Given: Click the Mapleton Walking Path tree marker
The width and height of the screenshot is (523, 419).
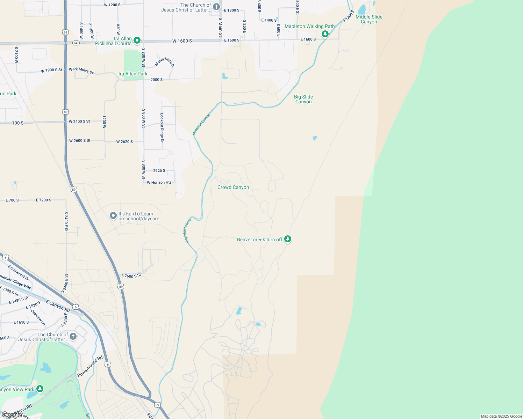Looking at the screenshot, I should [325, 34].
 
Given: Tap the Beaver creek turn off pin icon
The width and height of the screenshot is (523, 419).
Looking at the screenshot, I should [288, 239].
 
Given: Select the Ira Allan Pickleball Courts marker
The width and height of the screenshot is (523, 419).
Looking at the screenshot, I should [137, 41].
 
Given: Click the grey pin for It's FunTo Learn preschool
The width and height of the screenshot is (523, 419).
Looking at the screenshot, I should [113, 216].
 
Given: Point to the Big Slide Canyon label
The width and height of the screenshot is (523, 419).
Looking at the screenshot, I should [303, 100].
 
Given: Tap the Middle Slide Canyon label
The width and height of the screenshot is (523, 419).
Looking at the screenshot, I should [369, 19].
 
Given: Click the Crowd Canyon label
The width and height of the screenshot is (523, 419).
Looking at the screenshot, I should [233, 188].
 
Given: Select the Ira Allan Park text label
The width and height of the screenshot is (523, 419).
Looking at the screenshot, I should [133, 74].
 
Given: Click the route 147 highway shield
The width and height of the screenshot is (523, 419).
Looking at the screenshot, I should [76, 43].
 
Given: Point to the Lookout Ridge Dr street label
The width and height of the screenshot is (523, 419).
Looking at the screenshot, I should [162, 128].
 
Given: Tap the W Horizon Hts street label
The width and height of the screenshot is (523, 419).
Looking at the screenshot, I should [159, 183].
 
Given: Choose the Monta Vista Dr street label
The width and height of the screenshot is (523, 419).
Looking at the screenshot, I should [164, 62].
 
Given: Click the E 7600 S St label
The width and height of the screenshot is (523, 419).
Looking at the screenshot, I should [131, 276].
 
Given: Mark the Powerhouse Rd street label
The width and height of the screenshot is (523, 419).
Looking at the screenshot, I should [90, 366].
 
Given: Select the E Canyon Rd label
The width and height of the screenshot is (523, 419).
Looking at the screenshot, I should [58, 306].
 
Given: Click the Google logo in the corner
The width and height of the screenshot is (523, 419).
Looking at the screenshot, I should [11, 415].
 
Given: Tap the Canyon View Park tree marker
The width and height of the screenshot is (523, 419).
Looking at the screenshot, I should [40, 389].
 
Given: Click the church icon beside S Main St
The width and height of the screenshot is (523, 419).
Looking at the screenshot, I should [216, 7].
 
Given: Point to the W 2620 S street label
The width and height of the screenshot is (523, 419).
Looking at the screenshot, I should [124, 142].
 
